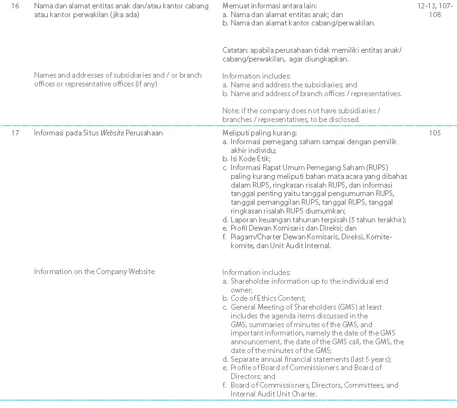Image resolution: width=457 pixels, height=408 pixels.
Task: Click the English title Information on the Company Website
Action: click(x=94, y=272)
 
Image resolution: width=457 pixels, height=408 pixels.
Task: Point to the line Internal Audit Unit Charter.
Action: click(x=273, y=394)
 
